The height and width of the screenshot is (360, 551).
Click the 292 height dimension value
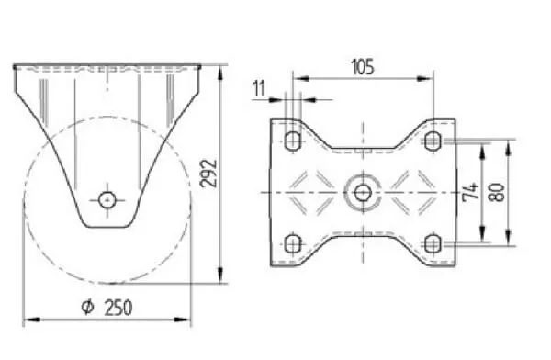(208, 174)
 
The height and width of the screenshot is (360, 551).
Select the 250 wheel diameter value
(118, 308)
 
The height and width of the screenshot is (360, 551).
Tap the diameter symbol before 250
(87, 307)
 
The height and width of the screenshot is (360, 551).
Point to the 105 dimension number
(363, 67)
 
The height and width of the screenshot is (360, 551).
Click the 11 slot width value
(259, 88)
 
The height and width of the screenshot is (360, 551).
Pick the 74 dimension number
(471, 191)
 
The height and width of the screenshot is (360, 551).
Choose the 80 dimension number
(497, 192)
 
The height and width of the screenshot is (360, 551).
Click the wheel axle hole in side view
(107, 200)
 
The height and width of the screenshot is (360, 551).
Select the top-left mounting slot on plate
(292, 141)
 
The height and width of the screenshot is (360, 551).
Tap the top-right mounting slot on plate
(433, 141)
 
